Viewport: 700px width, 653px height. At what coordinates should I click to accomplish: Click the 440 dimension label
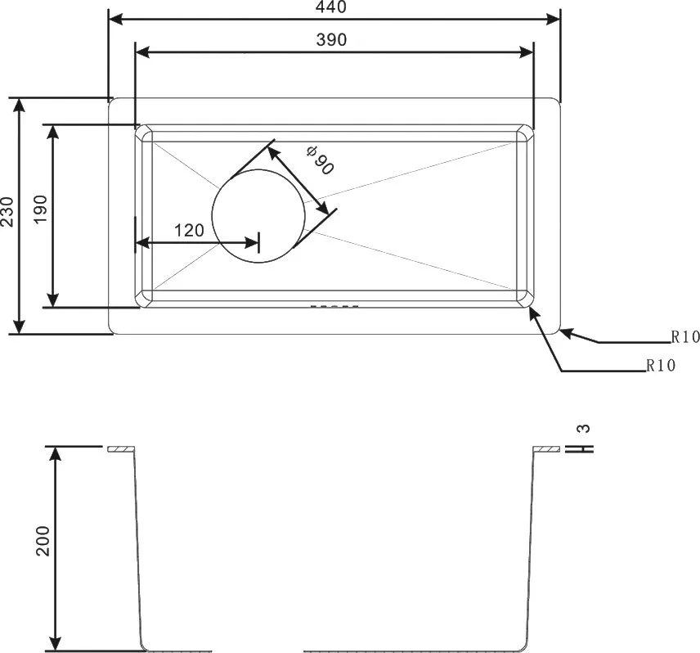(x=331, y=7)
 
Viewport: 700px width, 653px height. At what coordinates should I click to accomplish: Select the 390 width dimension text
(x=331, y=40)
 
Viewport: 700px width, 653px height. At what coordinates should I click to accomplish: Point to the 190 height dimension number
(x=40, y=209)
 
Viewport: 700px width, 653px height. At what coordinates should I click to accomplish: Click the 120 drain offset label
(x=189, y=231)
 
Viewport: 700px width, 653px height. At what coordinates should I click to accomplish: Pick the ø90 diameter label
(x=320, y=160)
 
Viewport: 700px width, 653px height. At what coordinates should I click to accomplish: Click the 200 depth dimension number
(x=43, y=541)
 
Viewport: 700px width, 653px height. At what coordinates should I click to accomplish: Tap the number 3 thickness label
(x=584, y=428)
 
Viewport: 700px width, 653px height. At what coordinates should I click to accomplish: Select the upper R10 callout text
(x=685, y=337)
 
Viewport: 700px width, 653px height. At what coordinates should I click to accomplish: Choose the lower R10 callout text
(x=662, y=365)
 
